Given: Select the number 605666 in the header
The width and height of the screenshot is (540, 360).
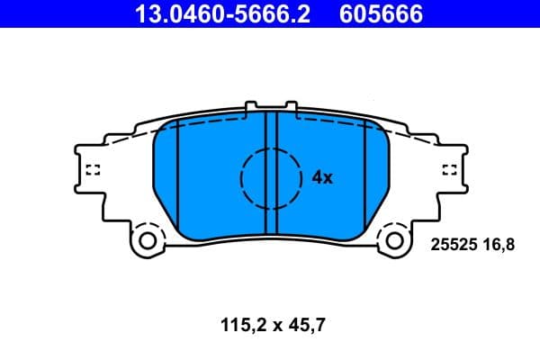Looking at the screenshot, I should click(380, 13).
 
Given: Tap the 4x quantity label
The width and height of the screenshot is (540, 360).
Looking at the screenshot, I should click(322, 178).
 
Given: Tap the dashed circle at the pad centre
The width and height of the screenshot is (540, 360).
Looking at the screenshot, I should click(270, 177).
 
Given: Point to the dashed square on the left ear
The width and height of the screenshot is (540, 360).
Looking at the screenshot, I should click(90, 170).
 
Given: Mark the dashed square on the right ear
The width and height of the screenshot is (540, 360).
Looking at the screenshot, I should click(450, 170).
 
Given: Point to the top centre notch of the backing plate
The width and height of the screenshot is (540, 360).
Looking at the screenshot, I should click(270, 108).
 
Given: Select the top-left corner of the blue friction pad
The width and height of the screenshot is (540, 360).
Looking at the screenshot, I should click(160, 126).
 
